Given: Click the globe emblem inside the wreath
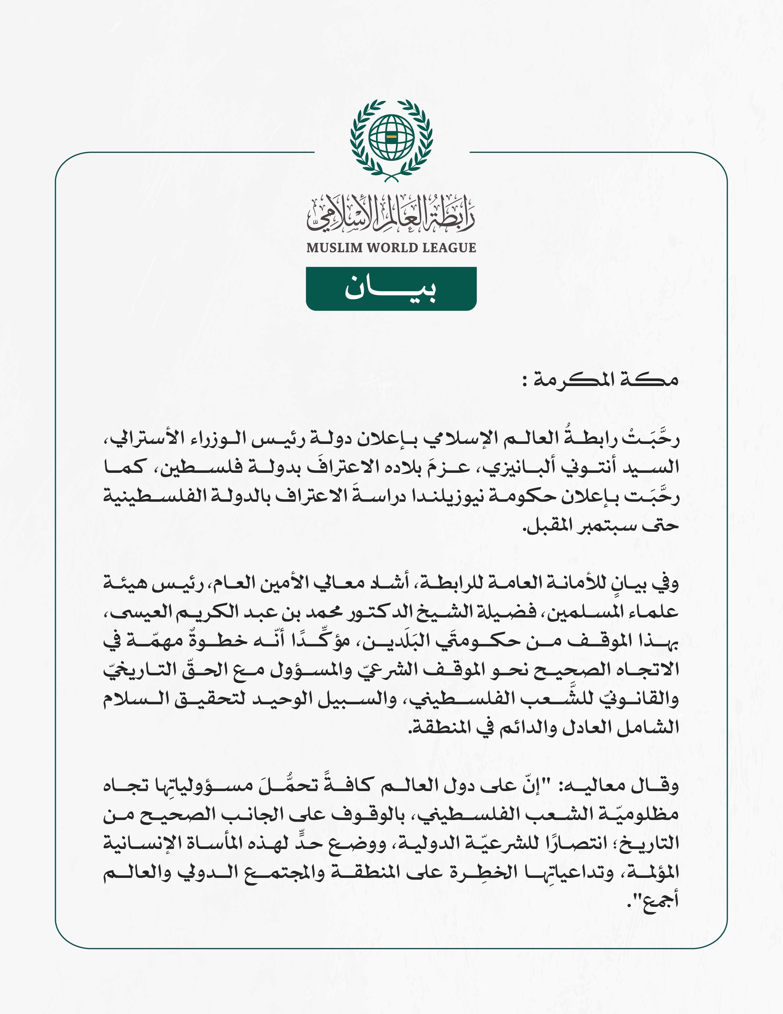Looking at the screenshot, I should tap(391, 137).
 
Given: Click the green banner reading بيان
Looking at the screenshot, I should tap(391, 289).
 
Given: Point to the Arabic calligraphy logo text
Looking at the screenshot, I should tap(391, 214).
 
